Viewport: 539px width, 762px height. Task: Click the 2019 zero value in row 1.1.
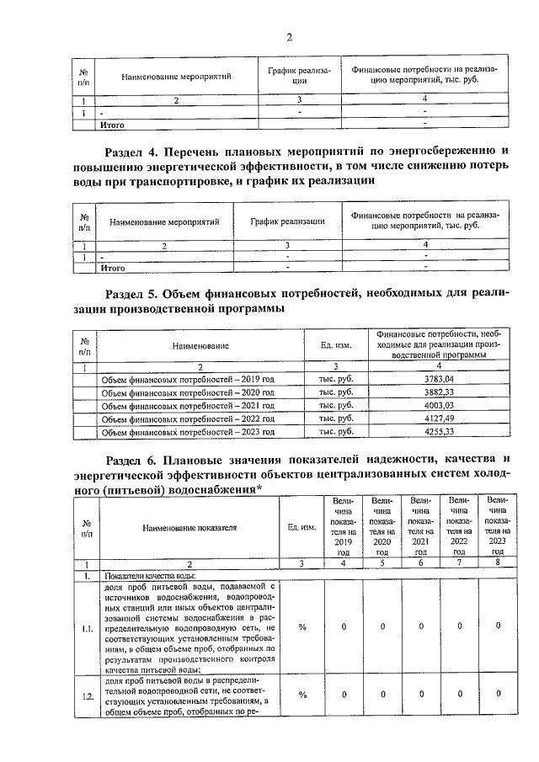point(344,626)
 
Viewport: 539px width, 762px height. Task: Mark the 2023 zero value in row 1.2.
point(498,693)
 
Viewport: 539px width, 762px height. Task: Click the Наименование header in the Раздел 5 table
point(201,345)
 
